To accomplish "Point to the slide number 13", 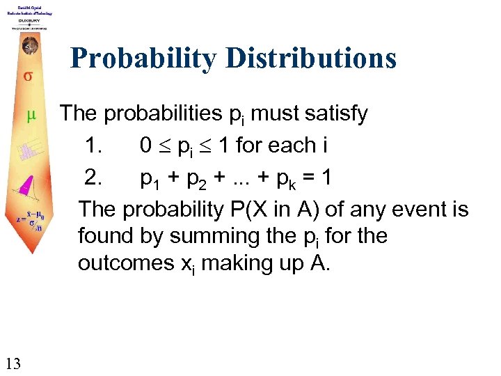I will point(13,362).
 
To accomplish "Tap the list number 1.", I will point(93,146).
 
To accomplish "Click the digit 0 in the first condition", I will point(146,146).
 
